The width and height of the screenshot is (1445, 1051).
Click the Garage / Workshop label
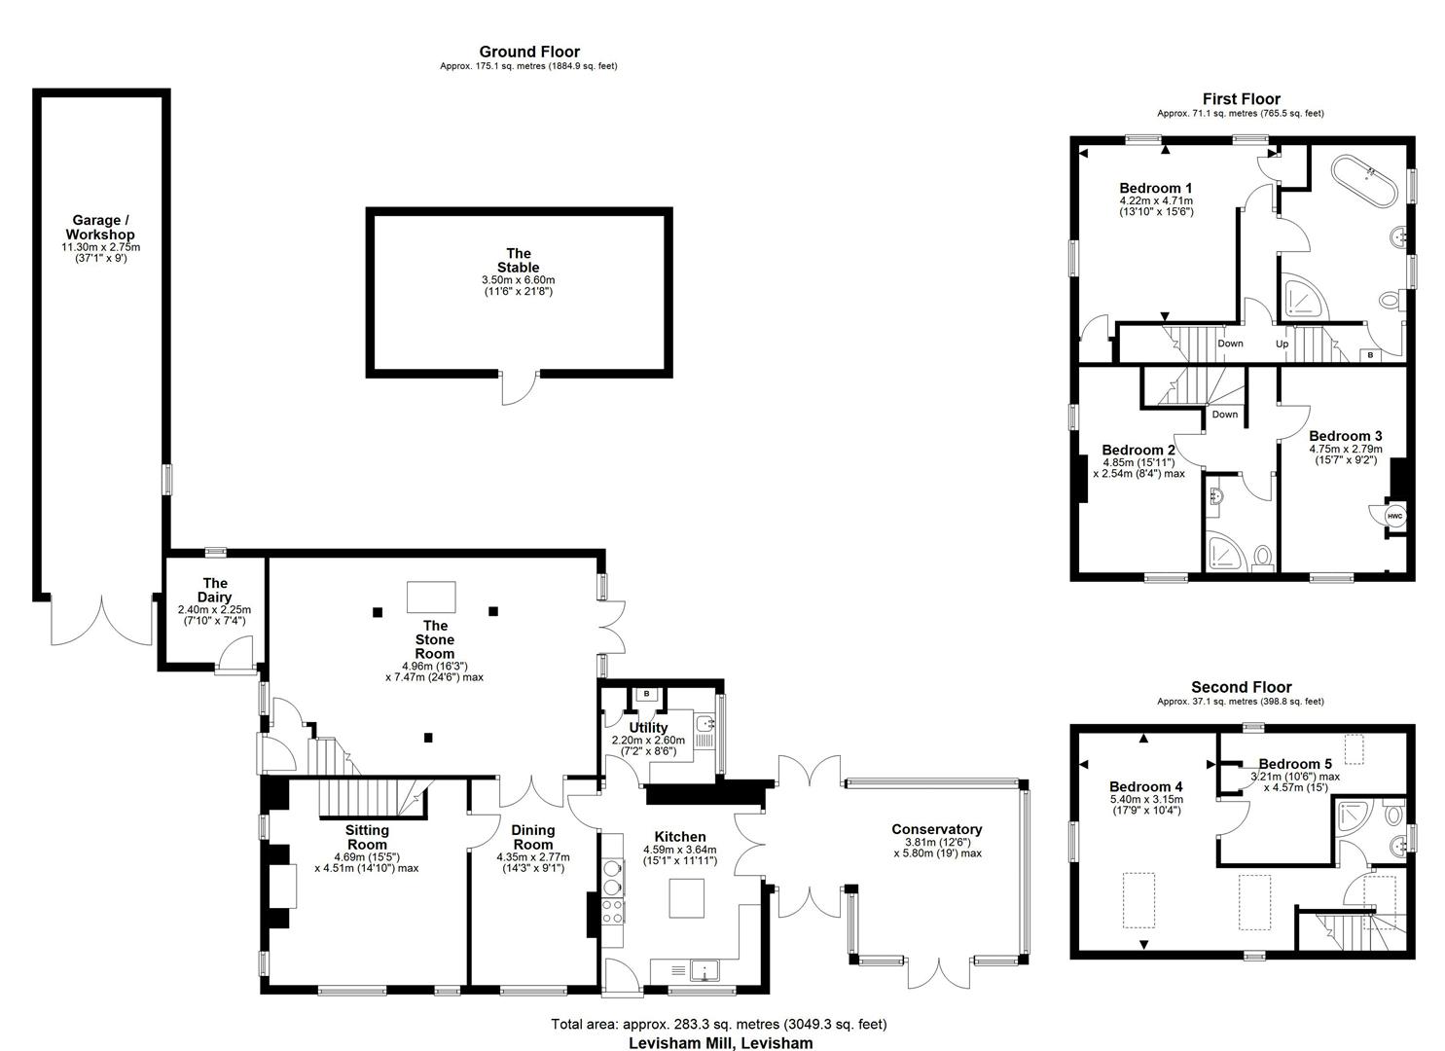pyautogui.click(x=100, y=227)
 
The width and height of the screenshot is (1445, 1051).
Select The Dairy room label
pyautogui.click(x=215, y=590)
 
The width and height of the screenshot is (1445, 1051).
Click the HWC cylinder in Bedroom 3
pyautogui.click(x=1394, y=516)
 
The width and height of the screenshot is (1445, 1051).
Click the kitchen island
pyautogui.click(x=686, y=897)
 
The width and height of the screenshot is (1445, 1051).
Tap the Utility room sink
pyautogui.click(x=705, y=723)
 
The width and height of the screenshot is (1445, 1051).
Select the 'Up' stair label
pyautogui.click(x=1282, y=344)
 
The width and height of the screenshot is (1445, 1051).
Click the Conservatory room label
pyautogui.click(x=937, y=829)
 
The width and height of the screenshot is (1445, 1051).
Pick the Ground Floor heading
pyautogui.click(x=529, y=52)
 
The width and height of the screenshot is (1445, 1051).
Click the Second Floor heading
pyautogui.click(x=1242, y=686)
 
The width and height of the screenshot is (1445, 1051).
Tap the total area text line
pyautogui.click(x=719, y=1023)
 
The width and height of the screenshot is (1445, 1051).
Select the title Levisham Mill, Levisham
pyautogui.click(x=721, y=1042)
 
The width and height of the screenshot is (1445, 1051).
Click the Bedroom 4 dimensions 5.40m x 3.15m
pyautogui.click(x=1145, y=799)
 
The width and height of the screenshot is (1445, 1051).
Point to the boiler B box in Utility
pyautogui.click(x=646, y=694)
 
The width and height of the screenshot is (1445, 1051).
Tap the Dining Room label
pyautogui.click(x=533, y=837)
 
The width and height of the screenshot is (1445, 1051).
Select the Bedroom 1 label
pyautogui.click(x=1155, y=188)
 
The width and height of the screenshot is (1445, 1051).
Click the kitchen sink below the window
pyautogui.click(x=704, y=969)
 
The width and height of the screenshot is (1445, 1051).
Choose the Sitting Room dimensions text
pyautogui.click(x=367, y=862)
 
